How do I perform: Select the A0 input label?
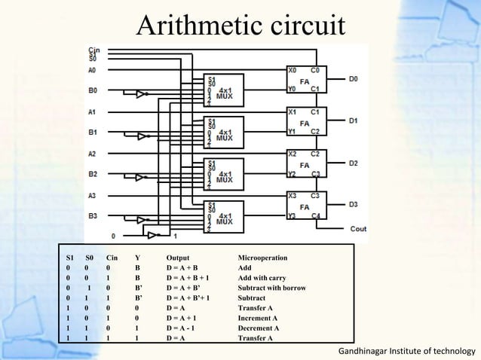(92, 70)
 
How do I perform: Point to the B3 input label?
(93, 216)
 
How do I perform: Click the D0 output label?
(354, 78)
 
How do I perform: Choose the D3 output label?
(354, 205)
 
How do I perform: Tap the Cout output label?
(357, 228)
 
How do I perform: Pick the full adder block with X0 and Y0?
(305, 79)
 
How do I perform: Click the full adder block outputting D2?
(305, 163)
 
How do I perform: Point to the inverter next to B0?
(139, 94)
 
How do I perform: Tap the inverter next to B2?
(139, 178)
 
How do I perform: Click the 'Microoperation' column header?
(262, 258)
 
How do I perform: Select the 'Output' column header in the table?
(178, 258)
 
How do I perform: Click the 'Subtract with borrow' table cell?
(271, 288)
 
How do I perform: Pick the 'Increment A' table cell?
(259, 318)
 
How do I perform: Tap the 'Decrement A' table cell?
(259, 328)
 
